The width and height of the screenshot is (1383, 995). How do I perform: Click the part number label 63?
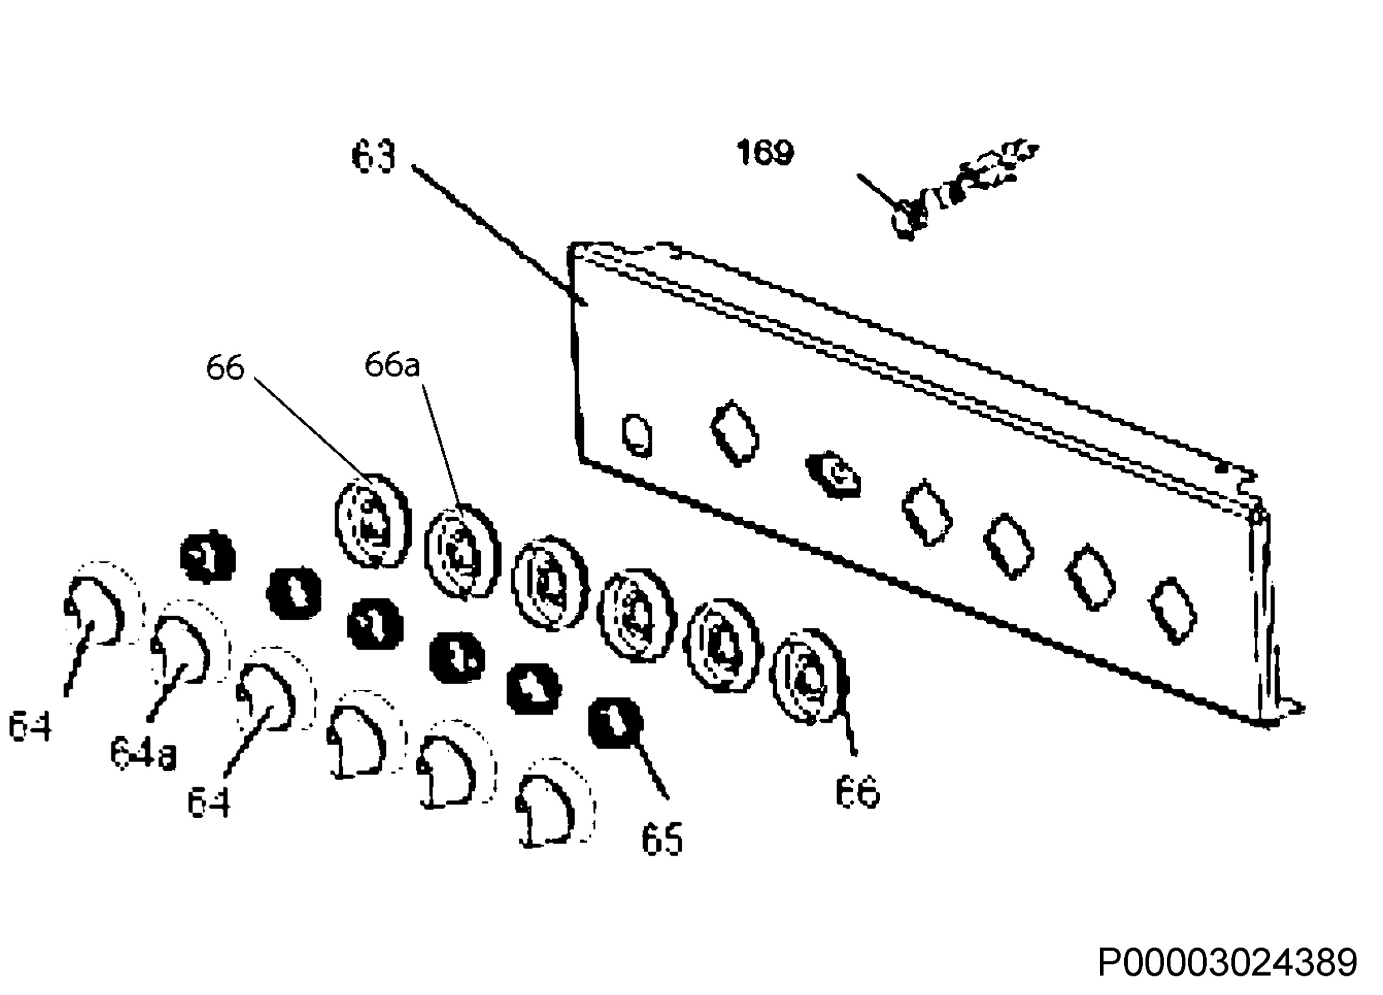tap(374, 157)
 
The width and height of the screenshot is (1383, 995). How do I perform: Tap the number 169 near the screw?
tap(765, 153)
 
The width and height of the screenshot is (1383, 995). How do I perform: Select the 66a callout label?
tap(392, 365)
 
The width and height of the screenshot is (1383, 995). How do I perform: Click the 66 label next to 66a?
tap(225, 368)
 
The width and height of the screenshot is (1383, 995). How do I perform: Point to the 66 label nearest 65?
tap(857, 793)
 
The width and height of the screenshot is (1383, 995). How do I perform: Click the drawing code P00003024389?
tap(1227, 963)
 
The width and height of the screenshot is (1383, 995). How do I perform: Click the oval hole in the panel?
tap(637, 436)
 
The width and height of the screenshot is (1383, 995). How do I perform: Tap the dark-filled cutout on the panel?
tap(834, 476)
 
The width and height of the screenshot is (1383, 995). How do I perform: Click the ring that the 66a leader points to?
tap(462, 552)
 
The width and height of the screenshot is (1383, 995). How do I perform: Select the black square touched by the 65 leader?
tap(615, 723)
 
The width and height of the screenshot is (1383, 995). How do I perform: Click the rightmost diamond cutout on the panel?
tap(1173, 610)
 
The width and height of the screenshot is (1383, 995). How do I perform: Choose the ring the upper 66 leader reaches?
tap(373, 522)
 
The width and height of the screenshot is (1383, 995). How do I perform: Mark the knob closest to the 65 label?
tap(553, 802)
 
